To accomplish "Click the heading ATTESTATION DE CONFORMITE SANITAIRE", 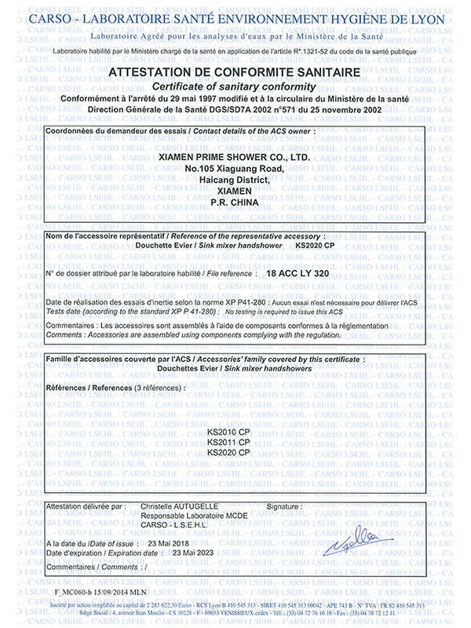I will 235,72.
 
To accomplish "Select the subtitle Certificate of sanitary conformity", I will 235,86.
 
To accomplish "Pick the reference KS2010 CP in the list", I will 228,433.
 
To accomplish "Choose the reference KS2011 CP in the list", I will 228,443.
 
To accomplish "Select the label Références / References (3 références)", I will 116,388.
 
